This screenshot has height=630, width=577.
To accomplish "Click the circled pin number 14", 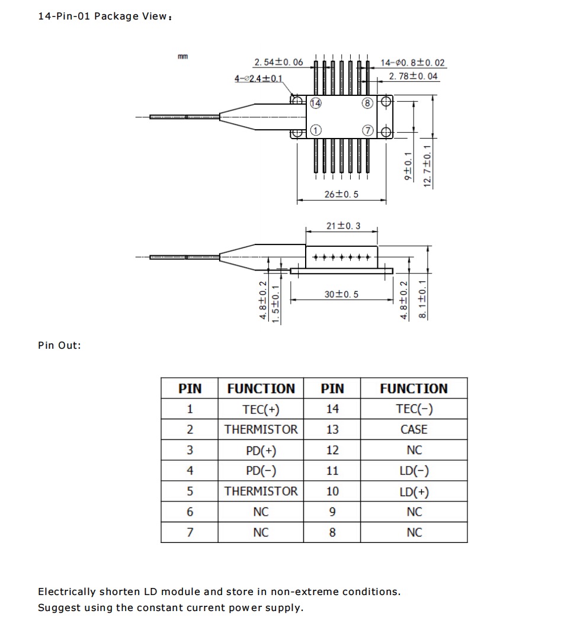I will [316, 104].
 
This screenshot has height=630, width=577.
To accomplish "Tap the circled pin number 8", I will [368, 104].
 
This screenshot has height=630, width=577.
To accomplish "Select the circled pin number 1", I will [316, 130].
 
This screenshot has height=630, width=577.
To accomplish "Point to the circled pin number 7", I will [368, 130].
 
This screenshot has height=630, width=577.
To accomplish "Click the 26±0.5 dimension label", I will [341, 194].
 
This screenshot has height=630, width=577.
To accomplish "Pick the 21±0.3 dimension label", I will [343, 226].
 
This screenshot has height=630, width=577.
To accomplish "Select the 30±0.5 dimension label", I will [341, 294].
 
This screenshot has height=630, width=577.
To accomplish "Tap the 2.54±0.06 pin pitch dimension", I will [278, 62].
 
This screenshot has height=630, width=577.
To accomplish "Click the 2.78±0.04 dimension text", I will [413, 76].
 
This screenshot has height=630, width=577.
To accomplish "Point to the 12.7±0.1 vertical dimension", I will [427, 166].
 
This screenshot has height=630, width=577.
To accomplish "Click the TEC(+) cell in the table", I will [261, 409].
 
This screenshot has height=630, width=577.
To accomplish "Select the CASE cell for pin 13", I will [414, 430].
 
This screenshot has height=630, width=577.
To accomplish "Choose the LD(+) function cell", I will [414, 491].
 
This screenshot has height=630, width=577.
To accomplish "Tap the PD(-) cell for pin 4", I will [261, 471].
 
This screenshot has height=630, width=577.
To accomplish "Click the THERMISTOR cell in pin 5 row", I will [261, 491].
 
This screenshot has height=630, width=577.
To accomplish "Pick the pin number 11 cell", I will [332, 471].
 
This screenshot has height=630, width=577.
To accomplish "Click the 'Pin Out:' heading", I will [59, 345].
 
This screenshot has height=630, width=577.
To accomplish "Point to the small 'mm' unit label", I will [183, 56].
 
